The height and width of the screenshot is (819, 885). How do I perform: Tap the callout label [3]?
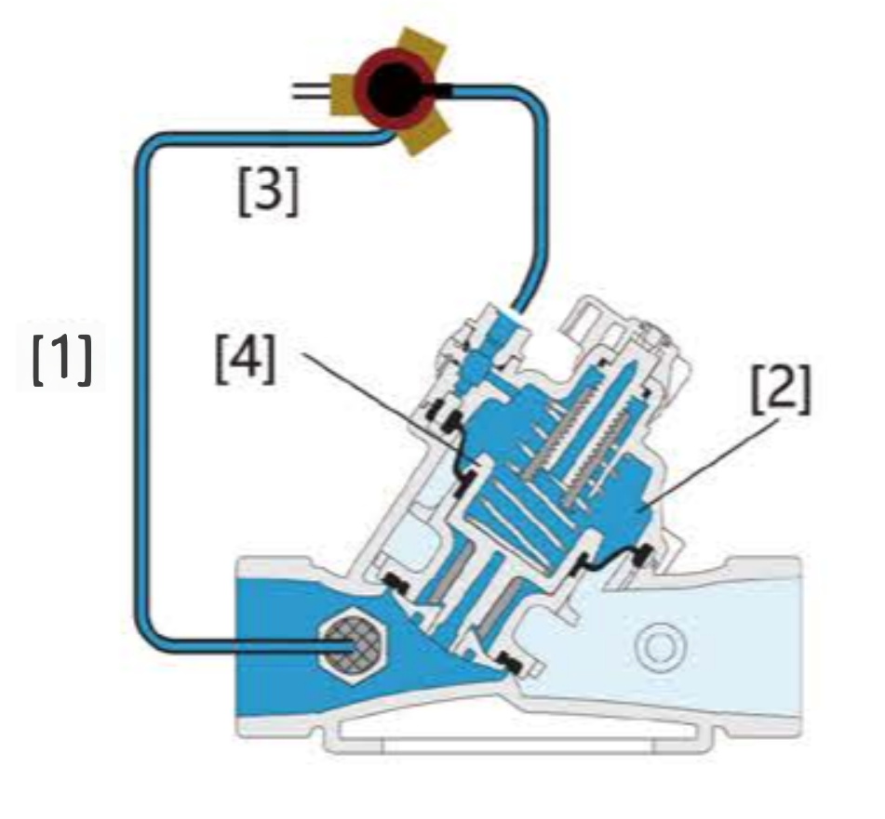pyautogui.click(x=268, y=192)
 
